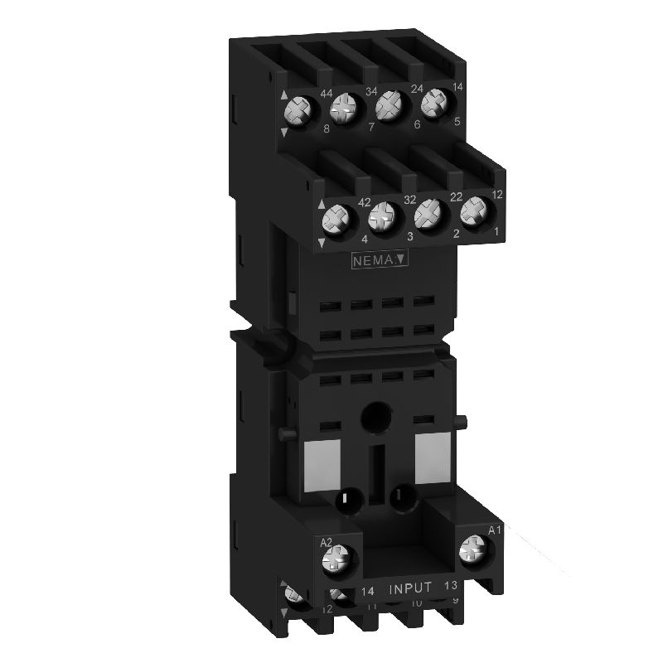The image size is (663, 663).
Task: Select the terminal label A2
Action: coord(327,544)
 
